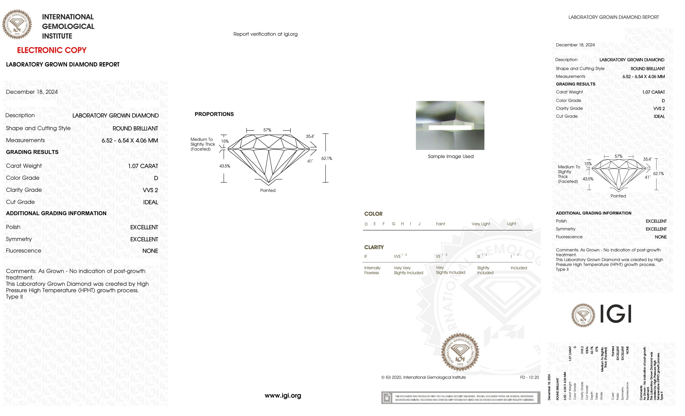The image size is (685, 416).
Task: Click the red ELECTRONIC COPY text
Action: [52, 50]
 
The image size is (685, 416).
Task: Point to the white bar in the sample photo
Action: [450, 128]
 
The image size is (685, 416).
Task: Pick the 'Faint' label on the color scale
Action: [440, 224]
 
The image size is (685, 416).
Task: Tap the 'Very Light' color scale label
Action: [481, 224]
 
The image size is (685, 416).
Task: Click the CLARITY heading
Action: [374, 247]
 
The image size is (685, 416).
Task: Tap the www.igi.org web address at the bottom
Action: [283, 395]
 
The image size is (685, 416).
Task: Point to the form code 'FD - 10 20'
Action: [529, 377]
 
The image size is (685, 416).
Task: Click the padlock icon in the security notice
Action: [386, 398]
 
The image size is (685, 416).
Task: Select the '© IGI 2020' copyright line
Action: [423, 377]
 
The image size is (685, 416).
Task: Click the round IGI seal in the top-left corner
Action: [17, 24]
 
